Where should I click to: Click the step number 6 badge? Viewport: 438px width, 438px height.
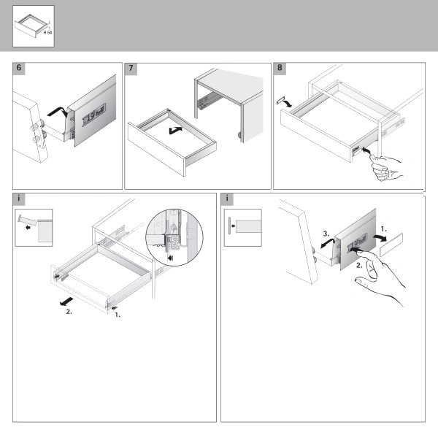tap(19, 69)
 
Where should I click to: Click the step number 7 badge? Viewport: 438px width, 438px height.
tap(131, 69)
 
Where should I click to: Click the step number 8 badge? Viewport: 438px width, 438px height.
tap(280, 69)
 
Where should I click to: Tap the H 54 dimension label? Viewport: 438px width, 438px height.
tap(47, 32)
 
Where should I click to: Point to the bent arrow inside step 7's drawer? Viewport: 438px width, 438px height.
tap(175, 130)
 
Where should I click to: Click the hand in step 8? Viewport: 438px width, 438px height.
tap(385, 167)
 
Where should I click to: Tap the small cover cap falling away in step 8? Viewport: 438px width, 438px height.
tap(280, 100)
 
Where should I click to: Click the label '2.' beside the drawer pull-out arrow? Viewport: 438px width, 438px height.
tap(69, 312)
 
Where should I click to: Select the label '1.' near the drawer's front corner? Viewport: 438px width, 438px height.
tap(118, 315)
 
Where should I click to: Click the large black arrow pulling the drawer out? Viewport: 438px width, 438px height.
tap(66, 301)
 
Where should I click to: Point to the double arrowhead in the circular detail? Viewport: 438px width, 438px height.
tap(170, 258)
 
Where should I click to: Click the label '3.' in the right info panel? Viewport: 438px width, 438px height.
tap(326, 234)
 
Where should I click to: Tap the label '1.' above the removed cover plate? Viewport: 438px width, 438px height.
tap(384, 229)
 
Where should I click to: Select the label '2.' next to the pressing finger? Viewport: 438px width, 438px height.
tap(359, 266)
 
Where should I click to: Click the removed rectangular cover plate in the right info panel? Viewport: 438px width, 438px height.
tap(391, 245)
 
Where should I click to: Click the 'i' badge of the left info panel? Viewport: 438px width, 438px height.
tap(19, 199)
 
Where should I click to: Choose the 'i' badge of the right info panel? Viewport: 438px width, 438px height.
tap(227, 199)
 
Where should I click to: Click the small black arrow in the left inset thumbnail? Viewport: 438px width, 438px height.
tap(28, 227)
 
